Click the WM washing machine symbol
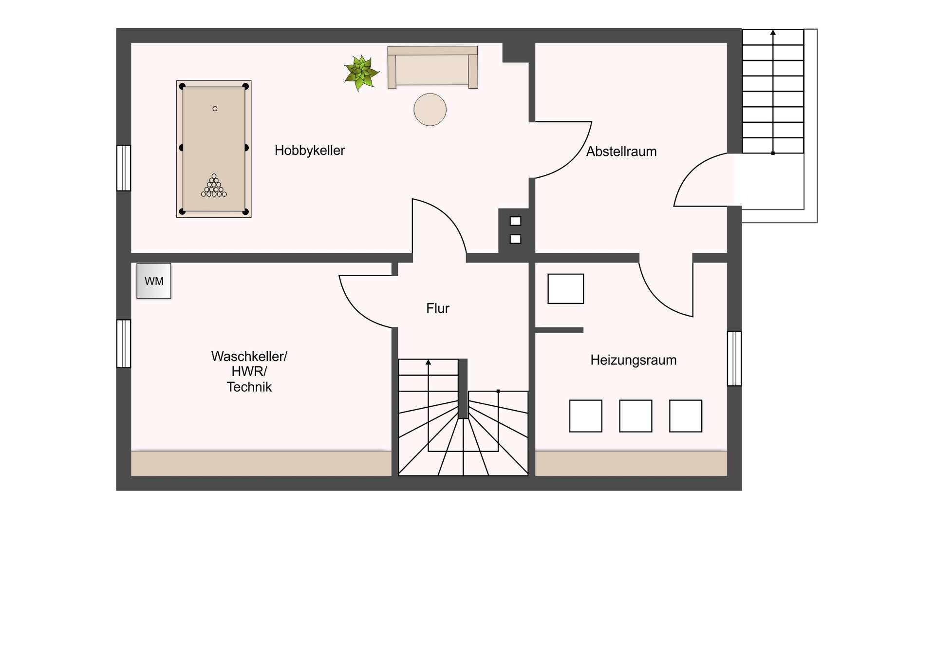154,281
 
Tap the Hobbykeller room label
309,151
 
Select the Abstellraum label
621,151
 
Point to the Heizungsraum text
633,360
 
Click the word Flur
437,308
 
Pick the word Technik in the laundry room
249,387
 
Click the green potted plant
361,73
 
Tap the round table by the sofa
430,110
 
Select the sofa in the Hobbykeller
432,67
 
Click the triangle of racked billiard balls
214,187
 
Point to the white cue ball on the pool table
215,109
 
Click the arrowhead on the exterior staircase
773,33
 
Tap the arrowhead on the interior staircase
428,362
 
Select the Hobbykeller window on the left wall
124,168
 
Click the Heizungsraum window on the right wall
734,359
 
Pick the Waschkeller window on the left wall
124,343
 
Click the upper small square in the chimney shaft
515,221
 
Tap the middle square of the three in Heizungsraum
636,416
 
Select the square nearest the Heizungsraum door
565,289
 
